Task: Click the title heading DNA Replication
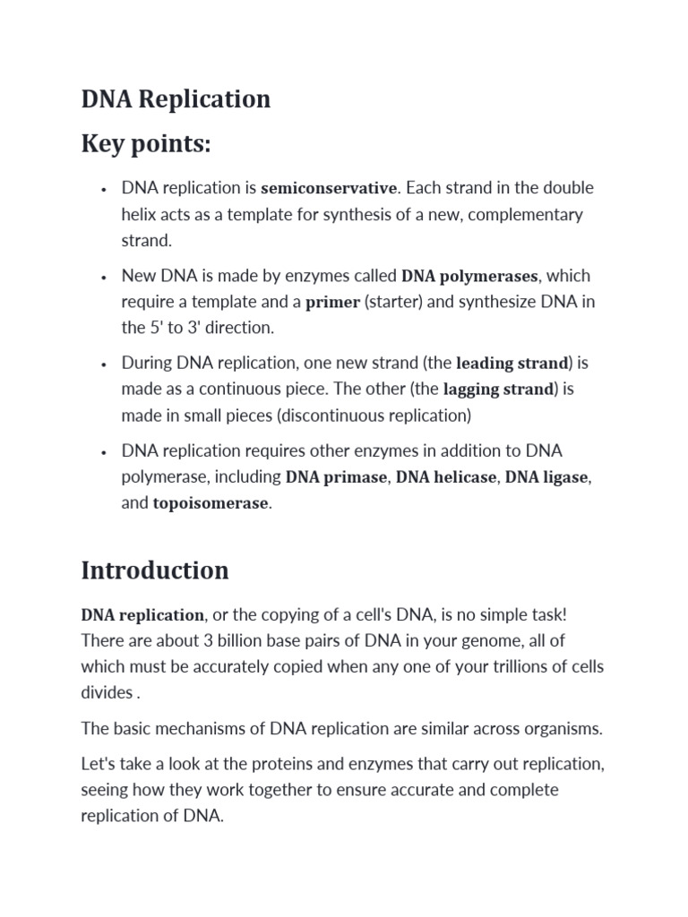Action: [x=176, y=99]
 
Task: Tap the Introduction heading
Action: [x=155, y=570]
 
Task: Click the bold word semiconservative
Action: [x=328, y=188]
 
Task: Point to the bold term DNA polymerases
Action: [x=469, y=276]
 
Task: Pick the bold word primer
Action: [x=332, y=303]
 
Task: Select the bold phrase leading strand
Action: [x=512, y=364]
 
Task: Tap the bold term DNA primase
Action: [x=336, y=477]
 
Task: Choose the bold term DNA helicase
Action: [x=445, y=477]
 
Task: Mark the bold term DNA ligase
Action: [x=546, y=477]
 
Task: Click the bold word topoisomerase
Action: [x=211, y=503]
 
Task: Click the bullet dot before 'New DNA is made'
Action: [x=105, y=277]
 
